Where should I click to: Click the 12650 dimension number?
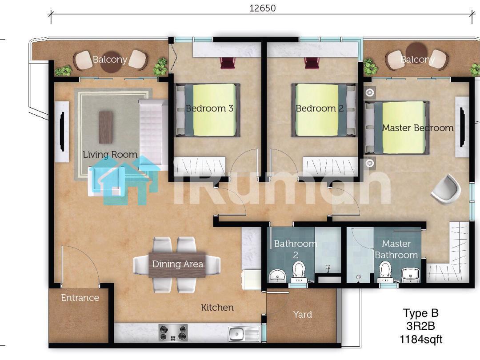pos(262,8)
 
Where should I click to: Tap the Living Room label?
pos(110,155)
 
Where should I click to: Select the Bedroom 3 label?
pos(209,108)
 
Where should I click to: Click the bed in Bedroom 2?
pos(324,110)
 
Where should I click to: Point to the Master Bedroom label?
pos(418,128)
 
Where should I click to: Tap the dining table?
pos(177,264)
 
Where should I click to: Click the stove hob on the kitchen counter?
pos(173,333)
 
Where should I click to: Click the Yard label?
pos(303,315)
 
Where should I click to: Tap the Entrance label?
pos(80,297)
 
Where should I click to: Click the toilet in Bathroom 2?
pos(299,272)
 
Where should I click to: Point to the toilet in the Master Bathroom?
pos(385,272)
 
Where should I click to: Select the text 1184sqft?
pos(420,340)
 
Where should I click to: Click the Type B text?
pos(420,313)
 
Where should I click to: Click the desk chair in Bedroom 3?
pos(227,64)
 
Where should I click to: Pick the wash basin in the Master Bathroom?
pos(410,274)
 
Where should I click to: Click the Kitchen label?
pos(217,308)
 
